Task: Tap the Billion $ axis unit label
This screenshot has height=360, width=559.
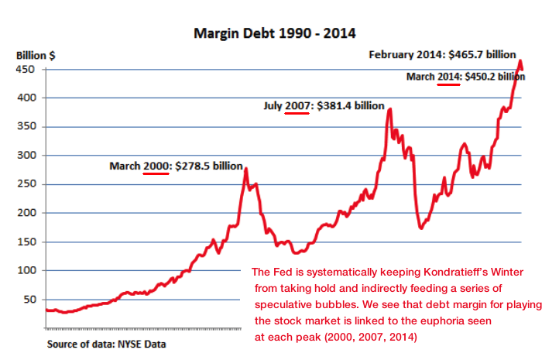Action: [x=36, y=55]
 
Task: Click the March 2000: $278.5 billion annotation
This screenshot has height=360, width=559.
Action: [x=176, y=166]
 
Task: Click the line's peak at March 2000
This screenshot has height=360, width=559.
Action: [x=245, y=169]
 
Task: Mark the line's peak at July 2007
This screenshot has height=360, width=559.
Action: [x=389, y=109]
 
